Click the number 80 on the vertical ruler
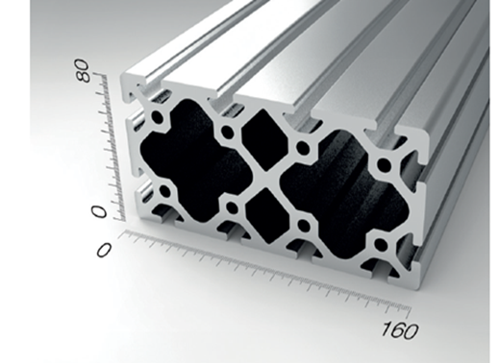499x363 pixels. (84, 70)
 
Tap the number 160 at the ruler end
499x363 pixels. (400, 329)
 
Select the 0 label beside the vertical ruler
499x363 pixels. (99, 212)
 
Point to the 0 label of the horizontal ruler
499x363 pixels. (104, 250)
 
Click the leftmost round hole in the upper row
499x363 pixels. (158, 117)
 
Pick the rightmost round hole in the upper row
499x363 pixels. (384, 166)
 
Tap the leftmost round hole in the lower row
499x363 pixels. (165, 192)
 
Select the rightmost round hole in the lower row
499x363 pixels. (381, 245)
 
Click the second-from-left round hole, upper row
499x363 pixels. (227, 132)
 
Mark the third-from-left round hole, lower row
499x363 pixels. (303, 227)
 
